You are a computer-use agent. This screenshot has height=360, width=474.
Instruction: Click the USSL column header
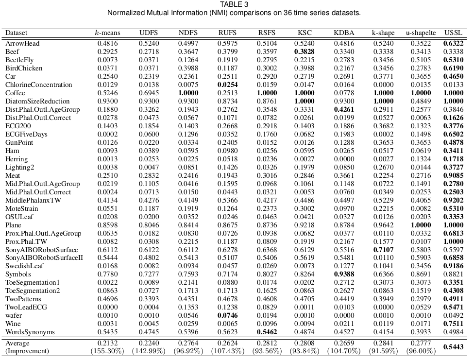coord(453,33)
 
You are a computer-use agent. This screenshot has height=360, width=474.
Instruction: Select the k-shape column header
coord(383,33)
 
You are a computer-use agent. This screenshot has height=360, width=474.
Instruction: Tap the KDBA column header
coord(344,33)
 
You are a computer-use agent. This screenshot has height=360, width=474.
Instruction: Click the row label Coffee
coord(15,93)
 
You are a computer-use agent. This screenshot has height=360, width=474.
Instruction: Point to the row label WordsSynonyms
coord(30,332)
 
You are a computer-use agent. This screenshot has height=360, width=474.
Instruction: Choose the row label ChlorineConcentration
coord(38,85)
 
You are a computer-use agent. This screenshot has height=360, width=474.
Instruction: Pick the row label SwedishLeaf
coord(24,266)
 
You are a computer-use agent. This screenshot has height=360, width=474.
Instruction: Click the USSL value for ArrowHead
coord(453,43)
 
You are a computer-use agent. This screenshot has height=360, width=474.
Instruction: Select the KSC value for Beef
coord(305,51)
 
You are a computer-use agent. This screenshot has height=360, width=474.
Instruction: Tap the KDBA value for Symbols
coord(344,274)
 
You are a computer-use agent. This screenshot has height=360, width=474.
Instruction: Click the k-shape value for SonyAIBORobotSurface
coord(383,250)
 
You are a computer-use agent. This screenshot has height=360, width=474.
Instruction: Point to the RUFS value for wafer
coord(227,316)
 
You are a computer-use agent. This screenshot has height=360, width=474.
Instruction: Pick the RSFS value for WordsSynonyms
coord(266,332)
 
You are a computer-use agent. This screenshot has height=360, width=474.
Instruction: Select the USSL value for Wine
coord(453,324)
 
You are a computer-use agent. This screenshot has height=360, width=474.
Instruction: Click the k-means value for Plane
coord(107,225)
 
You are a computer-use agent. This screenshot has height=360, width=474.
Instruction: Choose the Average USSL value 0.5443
coord(453,347)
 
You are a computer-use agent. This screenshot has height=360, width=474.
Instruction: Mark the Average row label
coord(17,343)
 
